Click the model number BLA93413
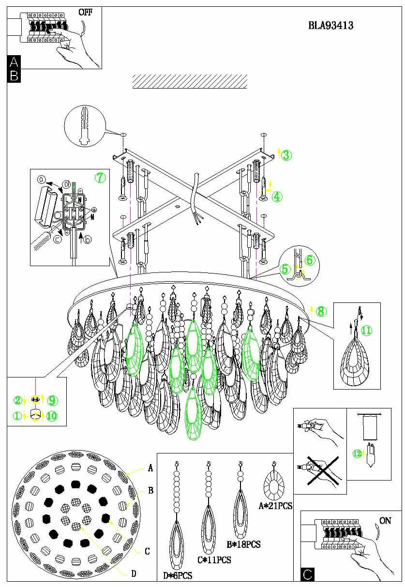pyautogui.click(x=330, y=26)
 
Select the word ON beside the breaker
pyautogui.click(x=386, y=521)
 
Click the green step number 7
pyautogui.click(x=100, y=178)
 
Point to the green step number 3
pyautogui.click(x=286, y=155)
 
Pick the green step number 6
pyautogui.click(x=310, y=260)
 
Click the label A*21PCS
pyautogui.click(x=275, y=506)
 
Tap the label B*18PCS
pyautogui.click(x=244, y=544)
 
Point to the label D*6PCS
pyautogui.click(x=178, y=575)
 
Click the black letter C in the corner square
pyautogui.click(x=307, y=574)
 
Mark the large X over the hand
pyautogui.click(x=319, y=470)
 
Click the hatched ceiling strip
pyautogui.click(x=190, y=81)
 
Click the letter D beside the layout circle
pyautogui.click(x=134, y=573)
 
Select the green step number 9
pyautogui.click(x=52, y=400)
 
